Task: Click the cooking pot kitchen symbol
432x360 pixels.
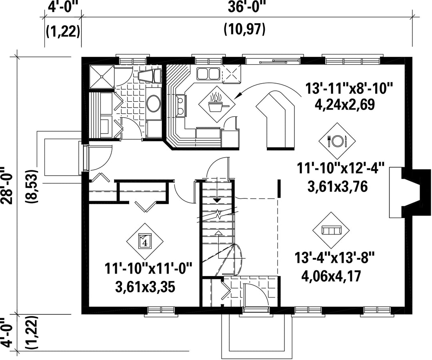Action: point(217,104)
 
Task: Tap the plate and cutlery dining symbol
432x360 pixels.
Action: point(337,141)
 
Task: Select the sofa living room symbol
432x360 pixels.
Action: point(332,230)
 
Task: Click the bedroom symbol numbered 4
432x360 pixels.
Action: point(145,241)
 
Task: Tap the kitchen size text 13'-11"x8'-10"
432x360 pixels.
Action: point(348,89)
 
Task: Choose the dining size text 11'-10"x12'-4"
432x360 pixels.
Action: point(340,168)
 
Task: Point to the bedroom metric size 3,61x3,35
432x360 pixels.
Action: point(145,288)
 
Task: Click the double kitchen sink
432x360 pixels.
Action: point(208,74)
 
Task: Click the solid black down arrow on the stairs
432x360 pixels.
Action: point(218,200)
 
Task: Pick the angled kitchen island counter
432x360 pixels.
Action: point(276,120)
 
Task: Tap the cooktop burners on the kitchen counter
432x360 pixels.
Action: point(181,106)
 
